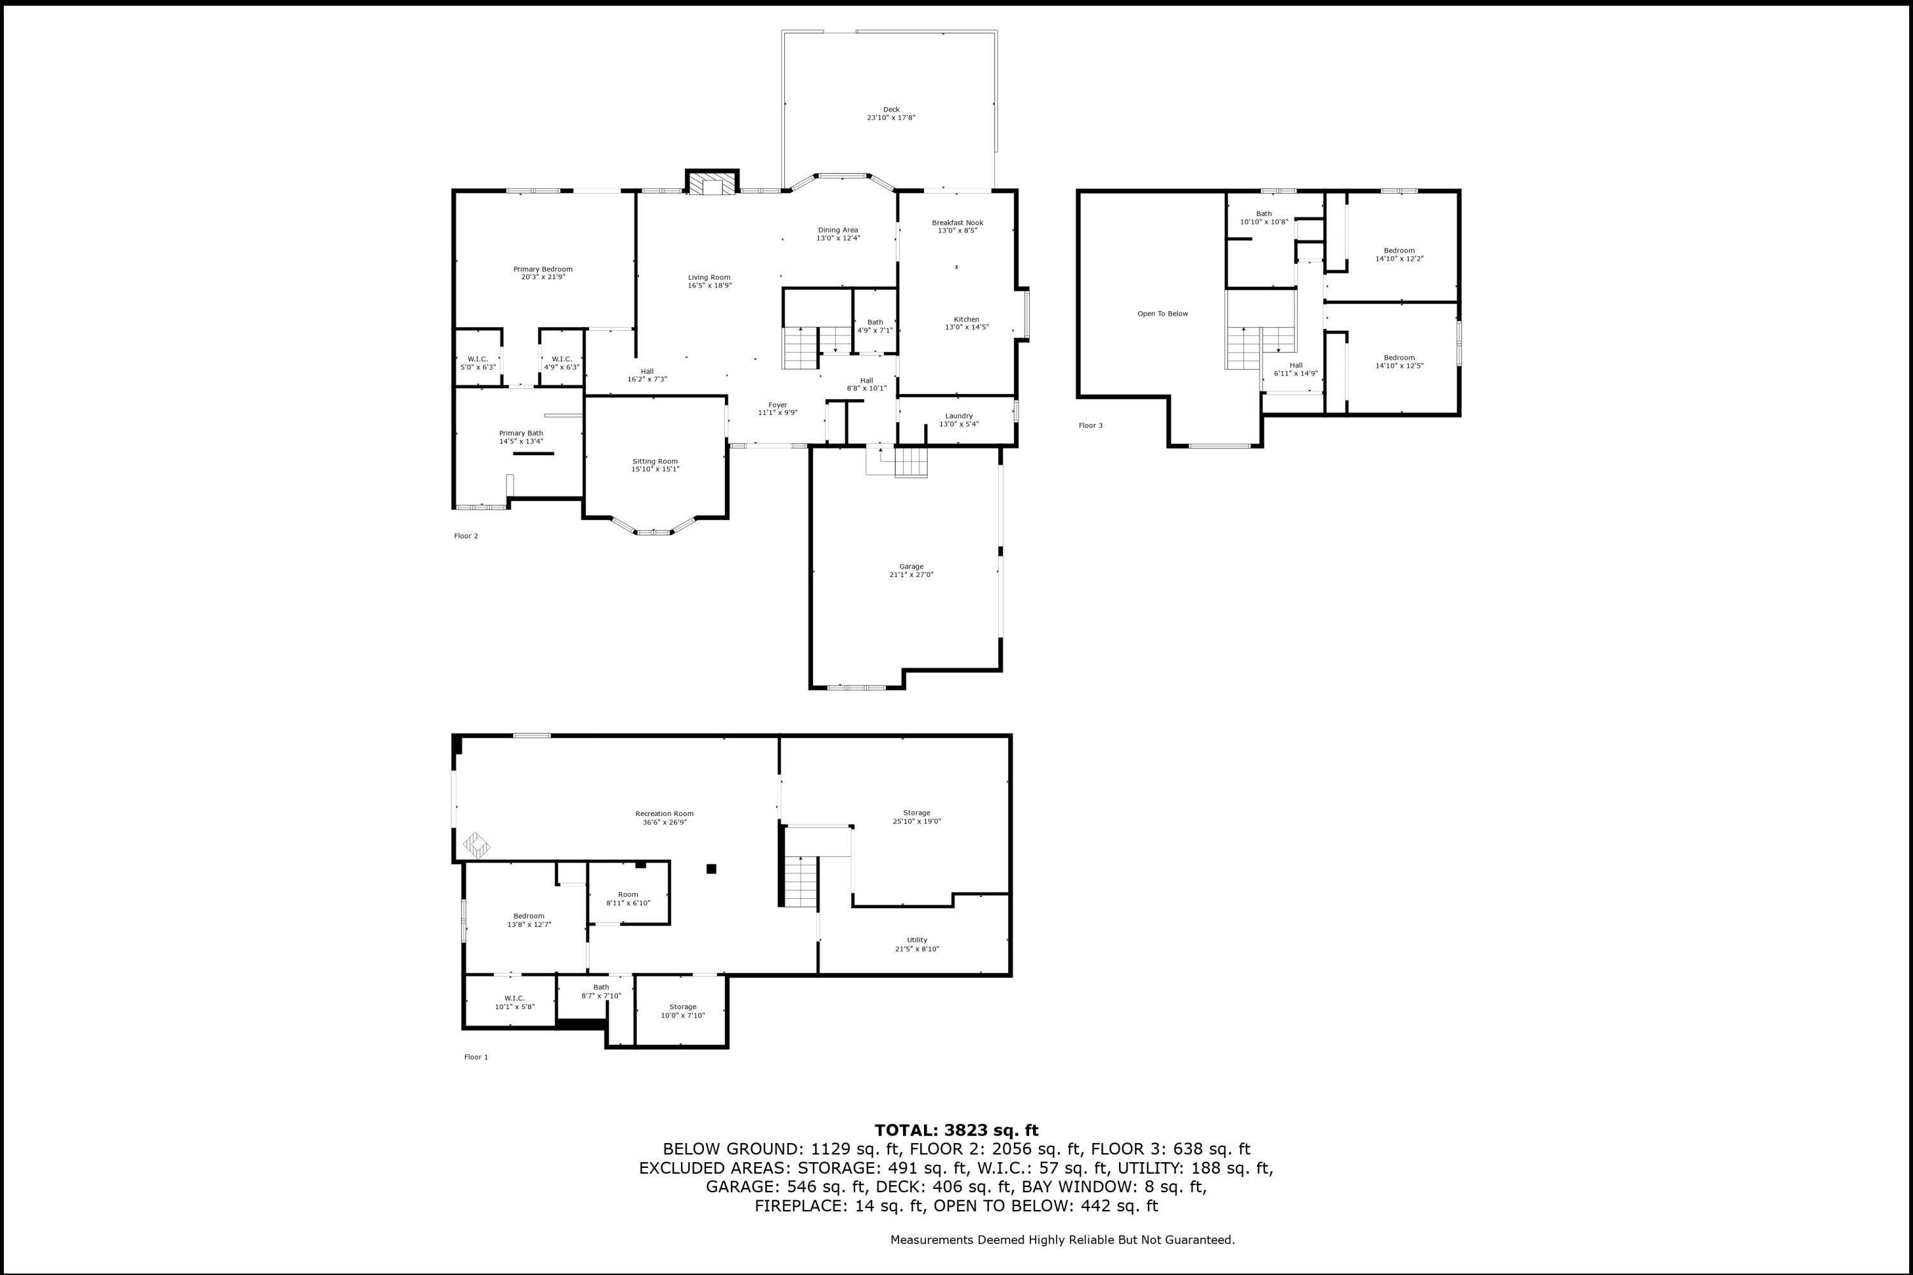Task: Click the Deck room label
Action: click(891, 110)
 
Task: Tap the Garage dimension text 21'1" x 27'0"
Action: click(911, 575)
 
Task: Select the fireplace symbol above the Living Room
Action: click(712, 183)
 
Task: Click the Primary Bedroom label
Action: click(543, 269)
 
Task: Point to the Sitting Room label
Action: click(655, 461)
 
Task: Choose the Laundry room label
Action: click(959, 416)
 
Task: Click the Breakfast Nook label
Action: click(957, 222)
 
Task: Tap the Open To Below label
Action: click(1162, 314)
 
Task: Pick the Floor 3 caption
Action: click(1090, 425)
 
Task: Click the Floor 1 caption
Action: click(476, 1057)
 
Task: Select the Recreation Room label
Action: click(664, 813)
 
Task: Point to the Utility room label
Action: click(917, 940)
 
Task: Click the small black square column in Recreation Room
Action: click(711, 868)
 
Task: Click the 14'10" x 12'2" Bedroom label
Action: click(1399, 251)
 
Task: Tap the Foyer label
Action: click(777, 405)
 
